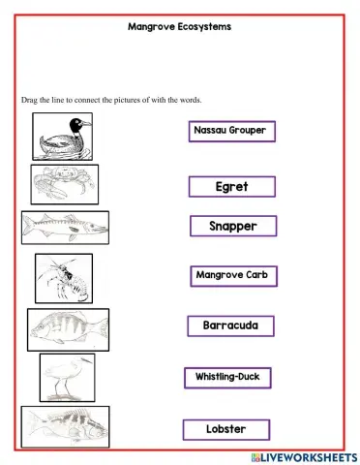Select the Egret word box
coord(232,185)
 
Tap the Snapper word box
coord(233,227)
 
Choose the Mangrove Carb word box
coord(232,276)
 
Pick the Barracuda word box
coord(230,325)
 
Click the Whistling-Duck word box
coord(228,377)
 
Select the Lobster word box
coord(226,428)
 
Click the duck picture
coord(63,136)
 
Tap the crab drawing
coord(64,183)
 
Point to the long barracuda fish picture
coord(65,228)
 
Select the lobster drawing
coord(64,279)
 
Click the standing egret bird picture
coord(67,377)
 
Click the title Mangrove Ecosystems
coord(179,27)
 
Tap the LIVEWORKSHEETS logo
coord(303,455)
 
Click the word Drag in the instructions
coord(29,99)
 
